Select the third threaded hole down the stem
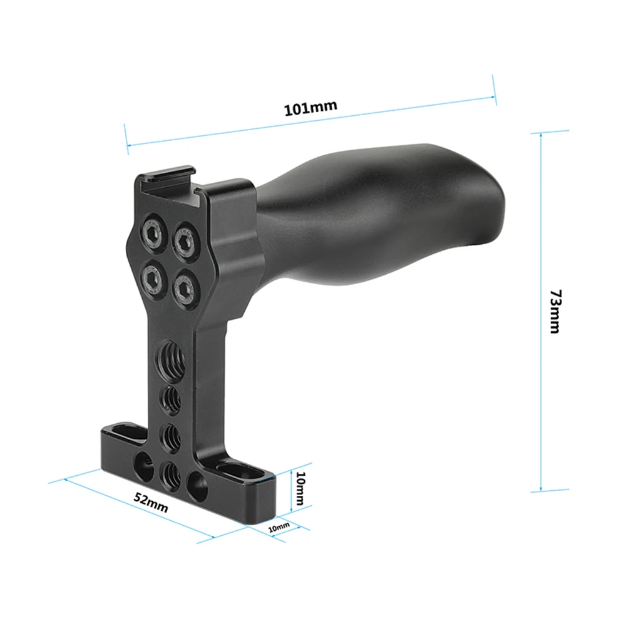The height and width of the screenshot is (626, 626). (169, 434)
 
